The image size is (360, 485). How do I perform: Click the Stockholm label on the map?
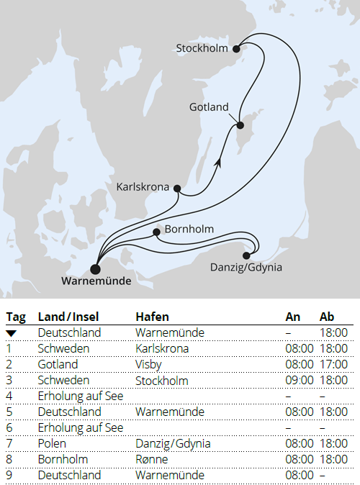pos(202,49)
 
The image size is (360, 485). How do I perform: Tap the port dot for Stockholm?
pos(235,48)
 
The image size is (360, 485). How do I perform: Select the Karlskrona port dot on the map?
pos(176,189)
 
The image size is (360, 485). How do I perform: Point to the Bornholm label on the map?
pos(189,230)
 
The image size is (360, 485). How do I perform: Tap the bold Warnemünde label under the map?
pos(96,281)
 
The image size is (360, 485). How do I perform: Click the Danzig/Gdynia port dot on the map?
pos(248,255)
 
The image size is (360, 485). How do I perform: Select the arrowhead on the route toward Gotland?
pos(218,164)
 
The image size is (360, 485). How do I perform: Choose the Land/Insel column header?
pos(69,317)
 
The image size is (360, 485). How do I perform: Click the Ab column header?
pos(327,317)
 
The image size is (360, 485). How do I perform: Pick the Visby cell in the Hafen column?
pos(148,365)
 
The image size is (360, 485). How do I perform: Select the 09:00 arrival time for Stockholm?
pos(300,381)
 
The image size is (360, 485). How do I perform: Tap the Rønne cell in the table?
pos(150,460)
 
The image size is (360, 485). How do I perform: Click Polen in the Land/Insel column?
pos(51,444)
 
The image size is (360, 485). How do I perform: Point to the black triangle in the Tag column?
pos(11,333)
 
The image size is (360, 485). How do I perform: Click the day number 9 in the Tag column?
pos(9,476)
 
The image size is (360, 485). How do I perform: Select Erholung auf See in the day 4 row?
pos(81,396)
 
